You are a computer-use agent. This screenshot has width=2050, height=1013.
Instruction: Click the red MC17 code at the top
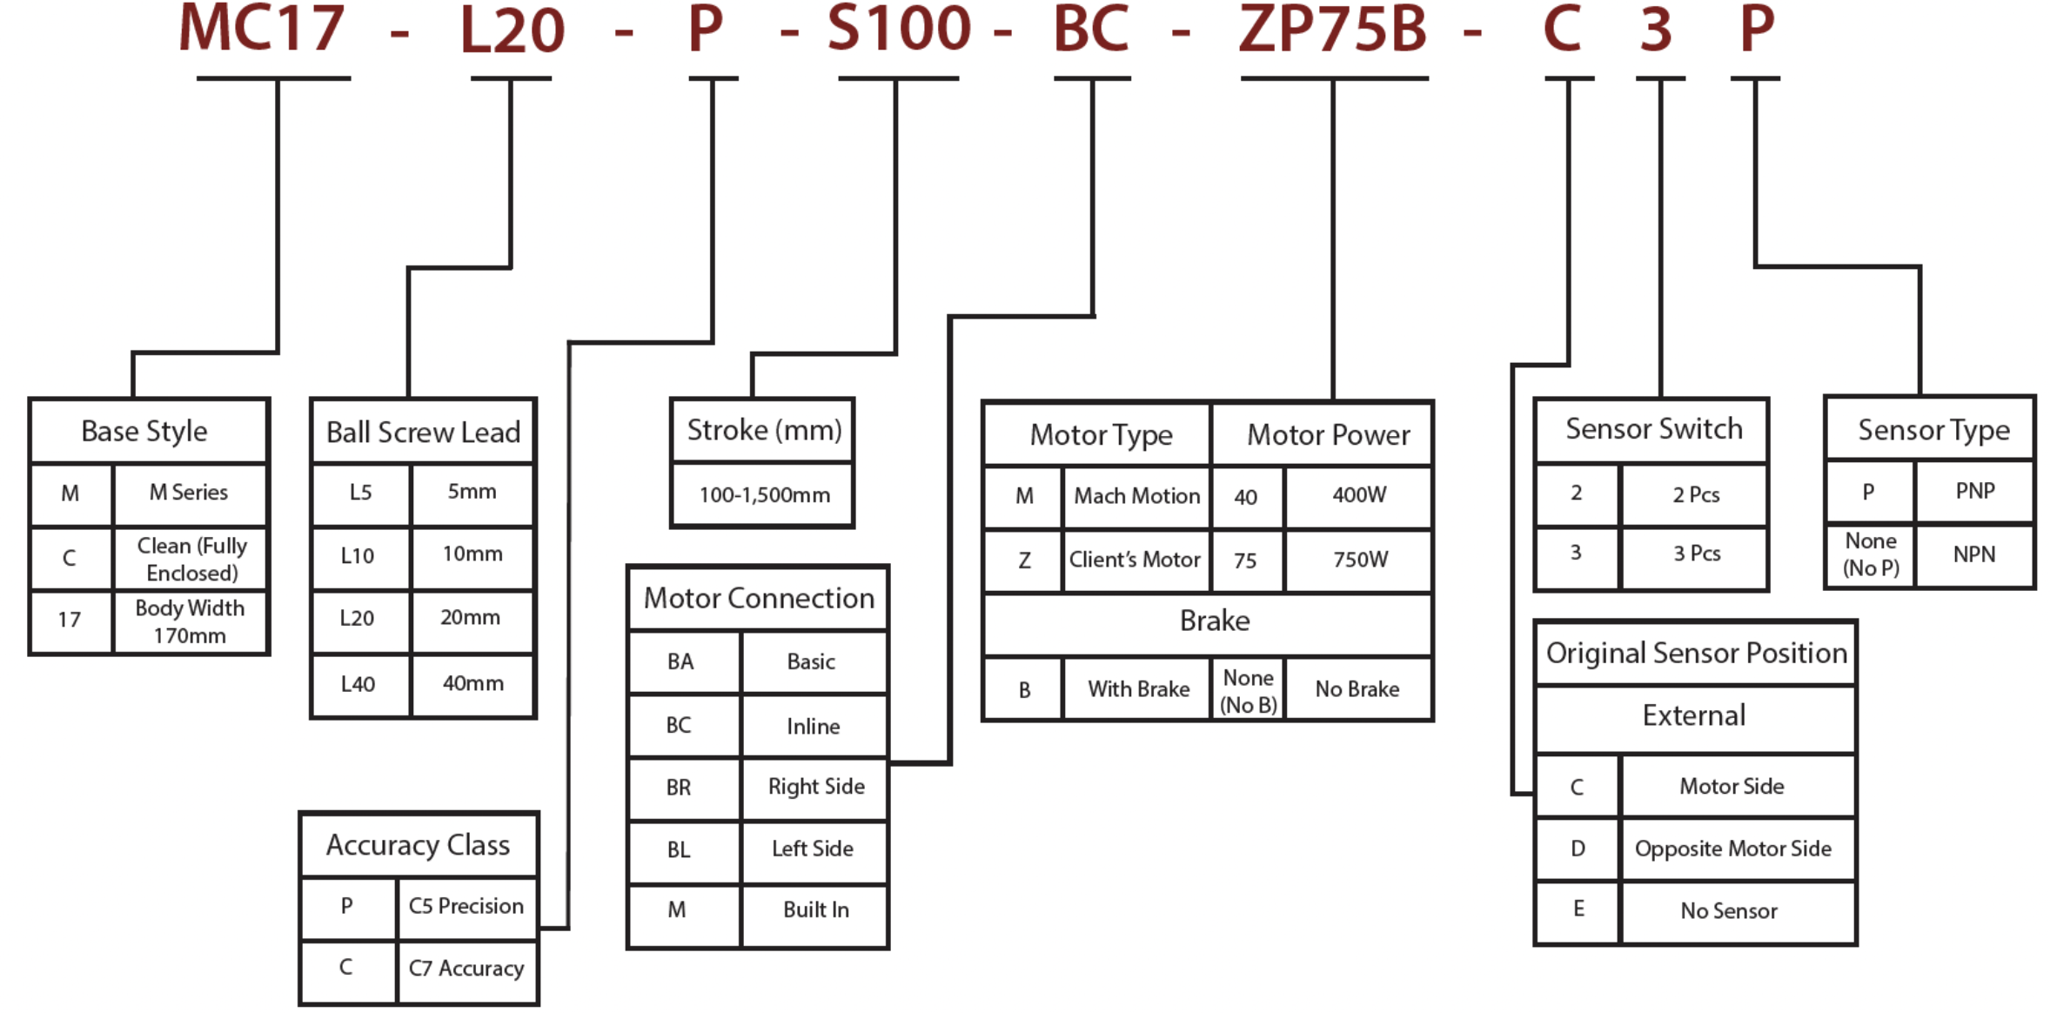pos(261,30)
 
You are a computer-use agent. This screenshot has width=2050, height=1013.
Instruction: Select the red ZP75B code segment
pos(1332,30)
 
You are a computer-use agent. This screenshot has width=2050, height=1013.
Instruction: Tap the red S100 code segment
pos(898,30)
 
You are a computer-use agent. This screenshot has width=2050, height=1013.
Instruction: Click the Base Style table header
pos(144,431)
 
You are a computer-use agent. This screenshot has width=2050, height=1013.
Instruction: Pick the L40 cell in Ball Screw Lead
pos(358,684)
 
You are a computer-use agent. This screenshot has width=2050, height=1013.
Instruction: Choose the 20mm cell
pos(471,618)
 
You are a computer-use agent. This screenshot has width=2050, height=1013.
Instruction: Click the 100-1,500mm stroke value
pos(764,495)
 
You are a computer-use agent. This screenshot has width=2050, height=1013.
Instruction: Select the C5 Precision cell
pos(466,906)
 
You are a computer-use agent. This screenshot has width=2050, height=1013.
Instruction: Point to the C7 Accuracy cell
pos(466,969)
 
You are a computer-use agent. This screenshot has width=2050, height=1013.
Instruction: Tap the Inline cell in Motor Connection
pos(814,726)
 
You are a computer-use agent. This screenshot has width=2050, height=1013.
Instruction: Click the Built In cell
pos(815,910)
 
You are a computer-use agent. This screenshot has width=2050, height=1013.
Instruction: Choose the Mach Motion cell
pos(1136,496)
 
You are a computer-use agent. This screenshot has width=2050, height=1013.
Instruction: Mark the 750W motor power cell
pos(1360,560)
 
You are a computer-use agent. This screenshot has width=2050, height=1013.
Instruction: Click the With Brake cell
pos(1138,689)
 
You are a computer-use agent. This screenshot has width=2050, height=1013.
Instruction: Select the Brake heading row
pos(1215,621)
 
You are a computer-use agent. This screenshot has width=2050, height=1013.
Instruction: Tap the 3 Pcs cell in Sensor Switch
pos(1697,553)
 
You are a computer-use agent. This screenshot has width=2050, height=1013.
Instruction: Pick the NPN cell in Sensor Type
pos(1974,554)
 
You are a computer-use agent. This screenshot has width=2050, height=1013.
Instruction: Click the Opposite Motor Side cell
pos(1732,849)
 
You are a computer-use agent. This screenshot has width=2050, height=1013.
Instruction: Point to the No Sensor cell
pos(1729,911)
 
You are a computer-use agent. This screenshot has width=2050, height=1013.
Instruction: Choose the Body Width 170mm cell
pos(190,621)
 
